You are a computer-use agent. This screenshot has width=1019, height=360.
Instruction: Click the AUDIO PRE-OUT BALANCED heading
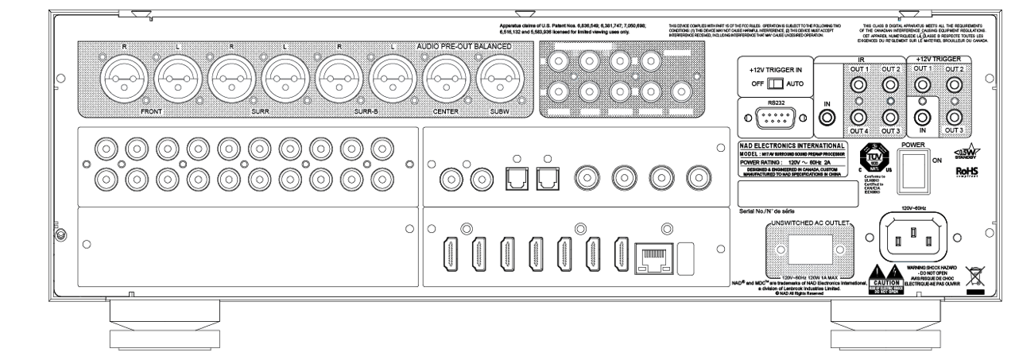click(x=463, y=47)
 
